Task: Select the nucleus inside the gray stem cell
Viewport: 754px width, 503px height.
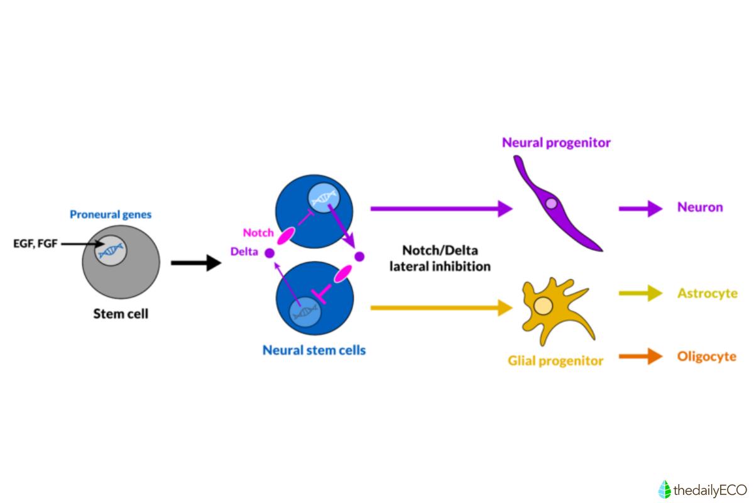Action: pos(111,250)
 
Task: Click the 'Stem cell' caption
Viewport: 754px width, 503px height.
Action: pos(121,313)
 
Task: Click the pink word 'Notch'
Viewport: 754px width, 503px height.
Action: pos(258,233)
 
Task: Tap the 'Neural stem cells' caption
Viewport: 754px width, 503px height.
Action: pos(314,350)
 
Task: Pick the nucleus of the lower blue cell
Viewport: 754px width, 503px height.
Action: pos(305,312)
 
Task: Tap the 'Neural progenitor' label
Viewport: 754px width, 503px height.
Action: pos(556,143)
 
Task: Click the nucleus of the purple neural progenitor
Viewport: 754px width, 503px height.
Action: pos(551,203)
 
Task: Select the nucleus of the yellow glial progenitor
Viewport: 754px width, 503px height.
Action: pos(542,307)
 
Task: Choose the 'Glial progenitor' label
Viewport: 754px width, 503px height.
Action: pos(555,360)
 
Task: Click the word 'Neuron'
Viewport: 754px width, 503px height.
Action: pos(700,207)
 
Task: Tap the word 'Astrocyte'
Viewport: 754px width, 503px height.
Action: pos(706,293)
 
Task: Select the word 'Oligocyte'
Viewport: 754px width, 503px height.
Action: pos(706,357)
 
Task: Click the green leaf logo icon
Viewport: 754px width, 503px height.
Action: pos(664,489)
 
